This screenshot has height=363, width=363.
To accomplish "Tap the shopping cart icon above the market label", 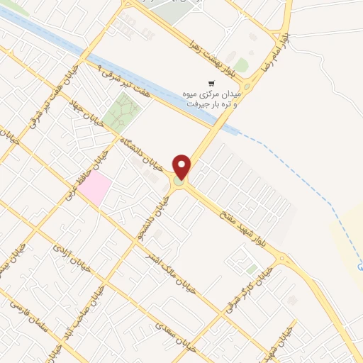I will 210,83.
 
